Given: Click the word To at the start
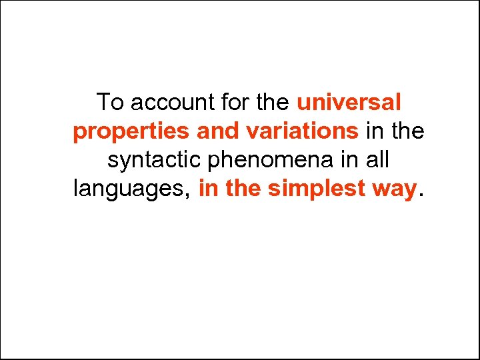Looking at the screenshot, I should pos(110,103).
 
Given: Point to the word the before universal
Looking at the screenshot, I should pos(273,103).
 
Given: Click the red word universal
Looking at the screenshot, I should pos(349,103).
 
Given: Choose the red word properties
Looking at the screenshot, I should pos(131,132).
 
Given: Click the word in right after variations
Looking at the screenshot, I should pos(375,131).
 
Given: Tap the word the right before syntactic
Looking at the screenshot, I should pos(407,131).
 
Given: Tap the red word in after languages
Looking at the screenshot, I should pos(208,189).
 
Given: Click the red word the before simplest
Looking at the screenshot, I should pos(243,189).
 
